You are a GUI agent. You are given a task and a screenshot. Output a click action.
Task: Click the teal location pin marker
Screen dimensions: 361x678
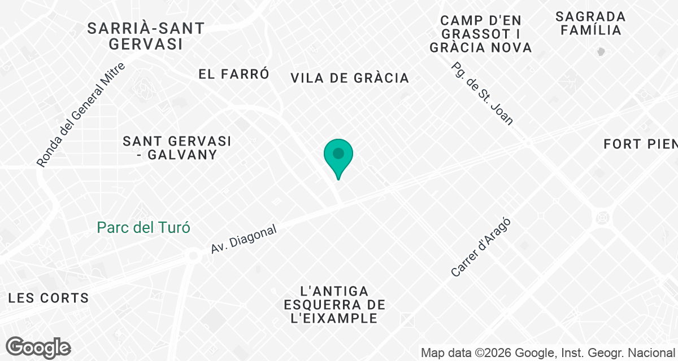click(338, 157)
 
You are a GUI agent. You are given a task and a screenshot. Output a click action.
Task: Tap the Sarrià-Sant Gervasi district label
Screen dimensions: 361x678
click(146, 36)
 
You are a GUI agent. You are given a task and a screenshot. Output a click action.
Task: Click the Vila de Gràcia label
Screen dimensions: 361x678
click(350, 78)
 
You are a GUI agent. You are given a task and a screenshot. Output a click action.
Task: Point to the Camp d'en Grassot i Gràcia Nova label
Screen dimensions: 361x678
click(481, 34)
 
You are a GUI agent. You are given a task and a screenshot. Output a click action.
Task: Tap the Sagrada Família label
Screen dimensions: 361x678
click(590, 23)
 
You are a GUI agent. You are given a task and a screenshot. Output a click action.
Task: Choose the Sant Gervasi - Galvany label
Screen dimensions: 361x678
click(177, 147)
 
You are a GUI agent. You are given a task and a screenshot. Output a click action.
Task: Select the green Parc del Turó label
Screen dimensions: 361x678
click(144, 228)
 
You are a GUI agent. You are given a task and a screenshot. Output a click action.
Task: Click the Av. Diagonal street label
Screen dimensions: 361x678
click(244, 239)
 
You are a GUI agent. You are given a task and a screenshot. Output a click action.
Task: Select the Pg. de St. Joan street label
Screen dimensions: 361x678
click(483, 93)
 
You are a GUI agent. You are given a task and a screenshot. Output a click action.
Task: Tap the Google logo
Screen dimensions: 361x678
click(38, 347)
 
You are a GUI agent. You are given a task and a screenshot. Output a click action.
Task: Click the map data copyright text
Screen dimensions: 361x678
click(549, 353)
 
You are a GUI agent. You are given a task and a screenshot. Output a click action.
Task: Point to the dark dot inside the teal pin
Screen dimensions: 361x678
click(338, 153)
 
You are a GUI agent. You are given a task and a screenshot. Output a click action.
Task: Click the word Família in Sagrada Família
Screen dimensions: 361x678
click(591, 30)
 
